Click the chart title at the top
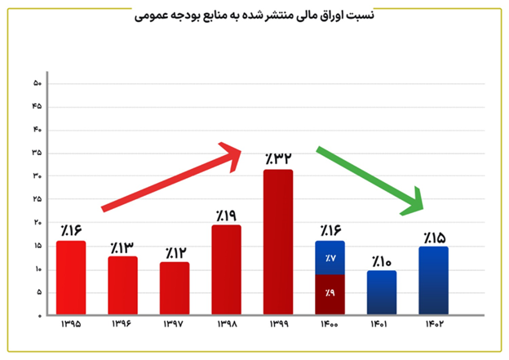tap(254, 17)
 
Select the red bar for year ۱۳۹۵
tap(72, 278)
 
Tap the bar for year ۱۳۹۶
tap(123, 286)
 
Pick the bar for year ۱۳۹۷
tap(175, 288)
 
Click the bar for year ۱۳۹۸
tap(226, 269)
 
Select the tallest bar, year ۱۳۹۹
tap(277, 242)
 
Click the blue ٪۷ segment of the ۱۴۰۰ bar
tap(330, 258)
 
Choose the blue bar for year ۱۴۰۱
tap(381, 292)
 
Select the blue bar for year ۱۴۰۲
tap(432, 281)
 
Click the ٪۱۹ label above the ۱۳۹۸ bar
tap(226, 215)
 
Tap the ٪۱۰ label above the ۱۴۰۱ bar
tap(381, 261)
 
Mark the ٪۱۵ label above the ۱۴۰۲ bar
tap(433, 238)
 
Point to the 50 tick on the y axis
tap(37, 83)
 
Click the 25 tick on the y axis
tap(37, 199)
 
